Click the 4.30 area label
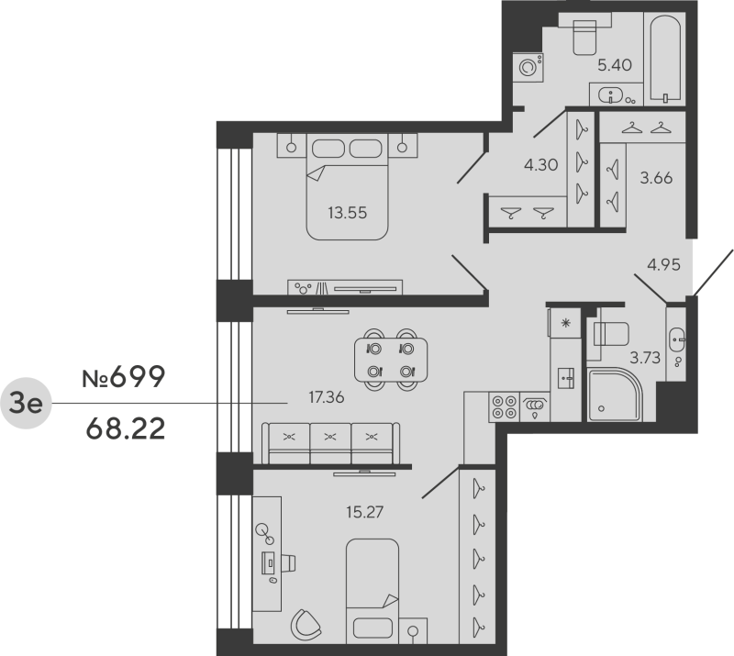click(x=540, y=166)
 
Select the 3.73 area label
click(x=645, y=358)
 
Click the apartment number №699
click(x=123, y=377)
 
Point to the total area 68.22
click(x=123, y=428)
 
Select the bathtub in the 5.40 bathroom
click(x=663, y=57)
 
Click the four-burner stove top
click(x=504, y=406)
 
